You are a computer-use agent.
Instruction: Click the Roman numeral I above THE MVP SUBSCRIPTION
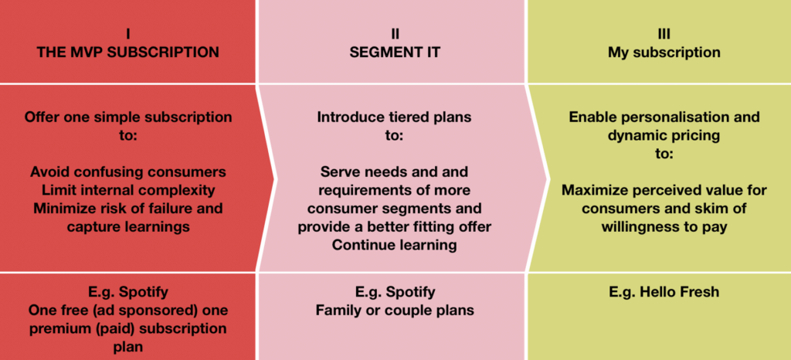(128, 34)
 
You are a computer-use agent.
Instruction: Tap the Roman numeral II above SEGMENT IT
(395, 34)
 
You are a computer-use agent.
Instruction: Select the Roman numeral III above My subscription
(664, 34)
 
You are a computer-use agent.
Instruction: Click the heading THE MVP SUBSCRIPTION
(128, 52)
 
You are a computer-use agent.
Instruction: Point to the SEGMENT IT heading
(395, 52)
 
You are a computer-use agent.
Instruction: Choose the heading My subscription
(664, 53)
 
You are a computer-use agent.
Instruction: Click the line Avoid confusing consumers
(128, 172)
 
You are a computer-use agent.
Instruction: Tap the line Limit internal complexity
(128, 191)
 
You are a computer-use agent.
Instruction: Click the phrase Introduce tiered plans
(394, 117)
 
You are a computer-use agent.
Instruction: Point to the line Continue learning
(395, 246)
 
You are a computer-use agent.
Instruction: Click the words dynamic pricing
(664, 136)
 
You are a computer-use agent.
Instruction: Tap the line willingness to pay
(664, 227)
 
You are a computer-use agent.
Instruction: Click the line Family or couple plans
(395, 310)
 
